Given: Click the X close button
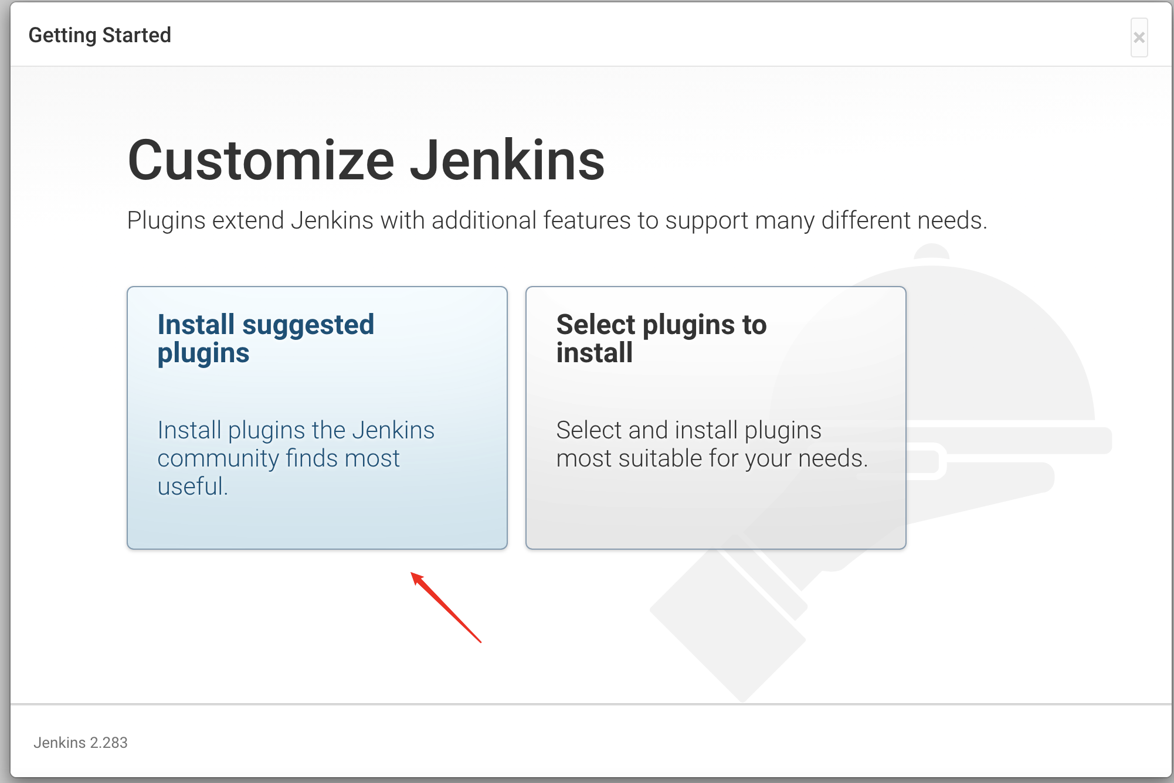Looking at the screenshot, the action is [x=1139, y=38].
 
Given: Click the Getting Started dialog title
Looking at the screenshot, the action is [x=100, y=35].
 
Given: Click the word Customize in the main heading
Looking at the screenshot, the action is [x=261, y=161].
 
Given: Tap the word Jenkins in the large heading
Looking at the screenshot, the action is [x=507, y=161].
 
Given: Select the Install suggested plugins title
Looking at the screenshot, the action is [x=266, y=339].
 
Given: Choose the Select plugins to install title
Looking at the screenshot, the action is [x=661, y=339].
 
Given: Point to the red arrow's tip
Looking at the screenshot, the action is [x=412, y=573].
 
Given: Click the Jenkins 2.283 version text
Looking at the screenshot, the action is [x=80, y=743].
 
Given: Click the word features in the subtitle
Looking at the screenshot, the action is [x=587, y=220].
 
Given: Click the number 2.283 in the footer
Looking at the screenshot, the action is [x=108, y=743].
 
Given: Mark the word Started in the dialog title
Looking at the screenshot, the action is [x=137, y=35].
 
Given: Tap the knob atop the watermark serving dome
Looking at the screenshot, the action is [x=931, y=251].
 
